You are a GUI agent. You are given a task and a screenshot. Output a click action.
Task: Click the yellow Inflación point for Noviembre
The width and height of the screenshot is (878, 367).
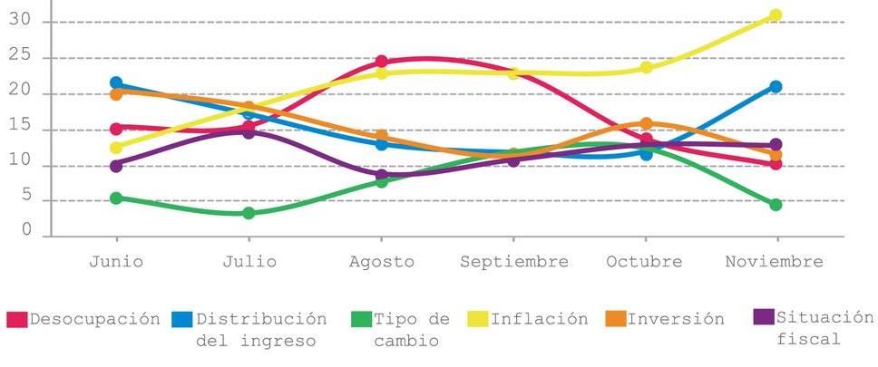(x=776, y=15)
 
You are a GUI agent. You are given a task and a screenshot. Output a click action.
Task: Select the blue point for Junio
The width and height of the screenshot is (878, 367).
(x=116, y=83)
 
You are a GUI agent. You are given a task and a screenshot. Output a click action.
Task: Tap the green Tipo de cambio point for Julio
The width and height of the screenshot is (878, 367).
(x=249, y=213)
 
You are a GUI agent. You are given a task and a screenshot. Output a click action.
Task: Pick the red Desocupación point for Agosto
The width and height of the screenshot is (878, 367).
(x=381, y=62)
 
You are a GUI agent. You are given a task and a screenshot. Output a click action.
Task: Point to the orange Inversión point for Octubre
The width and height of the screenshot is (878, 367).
(x=646, y=124)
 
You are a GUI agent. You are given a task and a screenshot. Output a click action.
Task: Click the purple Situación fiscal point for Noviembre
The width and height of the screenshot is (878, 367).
(x=776, y=145)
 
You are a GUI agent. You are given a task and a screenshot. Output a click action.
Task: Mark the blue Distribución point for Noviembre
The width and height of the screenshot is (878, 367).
(x=776, y=87)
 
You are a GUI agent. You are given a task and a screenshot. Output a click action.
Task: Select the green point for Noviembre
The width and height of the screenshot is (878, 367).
(x=776, y=205)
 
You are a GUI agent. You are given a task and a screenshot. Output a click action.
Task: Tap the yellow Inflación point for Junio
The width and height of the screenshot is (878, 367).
(x=116, y=148)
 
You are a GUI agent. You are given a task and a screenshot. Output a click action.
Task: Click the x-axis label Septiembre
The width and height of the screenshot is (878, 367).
(x=513, y=262)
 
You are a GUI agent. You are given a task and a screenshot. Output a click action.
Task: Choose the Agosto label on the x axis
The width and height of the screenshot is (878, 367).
(x=381, y=262)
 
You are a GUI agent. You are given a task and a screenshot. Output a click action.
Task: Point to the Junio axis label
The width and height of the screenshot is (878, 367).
(x=116, y=262)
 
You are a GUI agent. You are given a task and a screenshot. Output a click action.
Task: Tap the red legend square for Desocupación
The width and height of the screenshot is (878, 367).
(x=16, y=320)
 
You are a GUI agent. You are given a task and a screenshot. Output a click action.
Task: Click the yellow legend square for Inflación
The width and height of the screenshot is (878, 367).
(x=477, y=320)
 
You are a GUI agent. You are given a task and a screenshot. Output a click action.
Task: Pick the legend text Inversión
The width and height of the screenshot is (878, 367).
(x=676, y=319)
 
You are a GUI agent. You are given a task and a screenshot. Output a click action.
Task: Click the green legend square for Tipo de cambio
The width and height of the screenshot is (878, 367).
(x=360, y=320)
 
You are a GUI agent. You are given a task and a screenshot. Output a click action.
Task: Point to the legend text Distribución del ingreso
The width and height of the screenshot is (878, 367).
(x=261, y=330)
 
